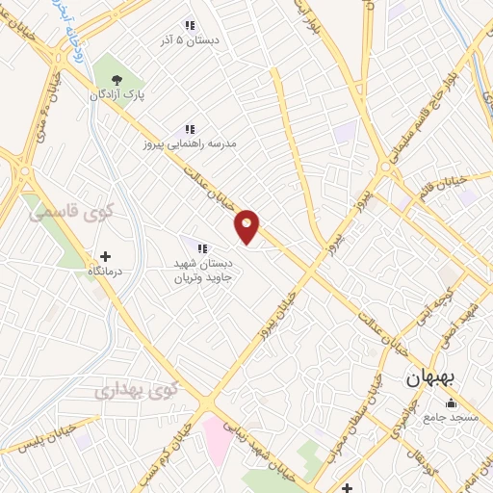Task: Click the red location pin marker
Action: click(x=247, y=225)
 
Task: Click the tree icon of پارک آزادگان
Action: click(x=117, y=80)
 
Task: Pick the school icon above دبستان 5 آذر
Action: click(x=190, y=25)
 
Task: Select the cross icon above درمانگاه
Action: click(x=105, y=257)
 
